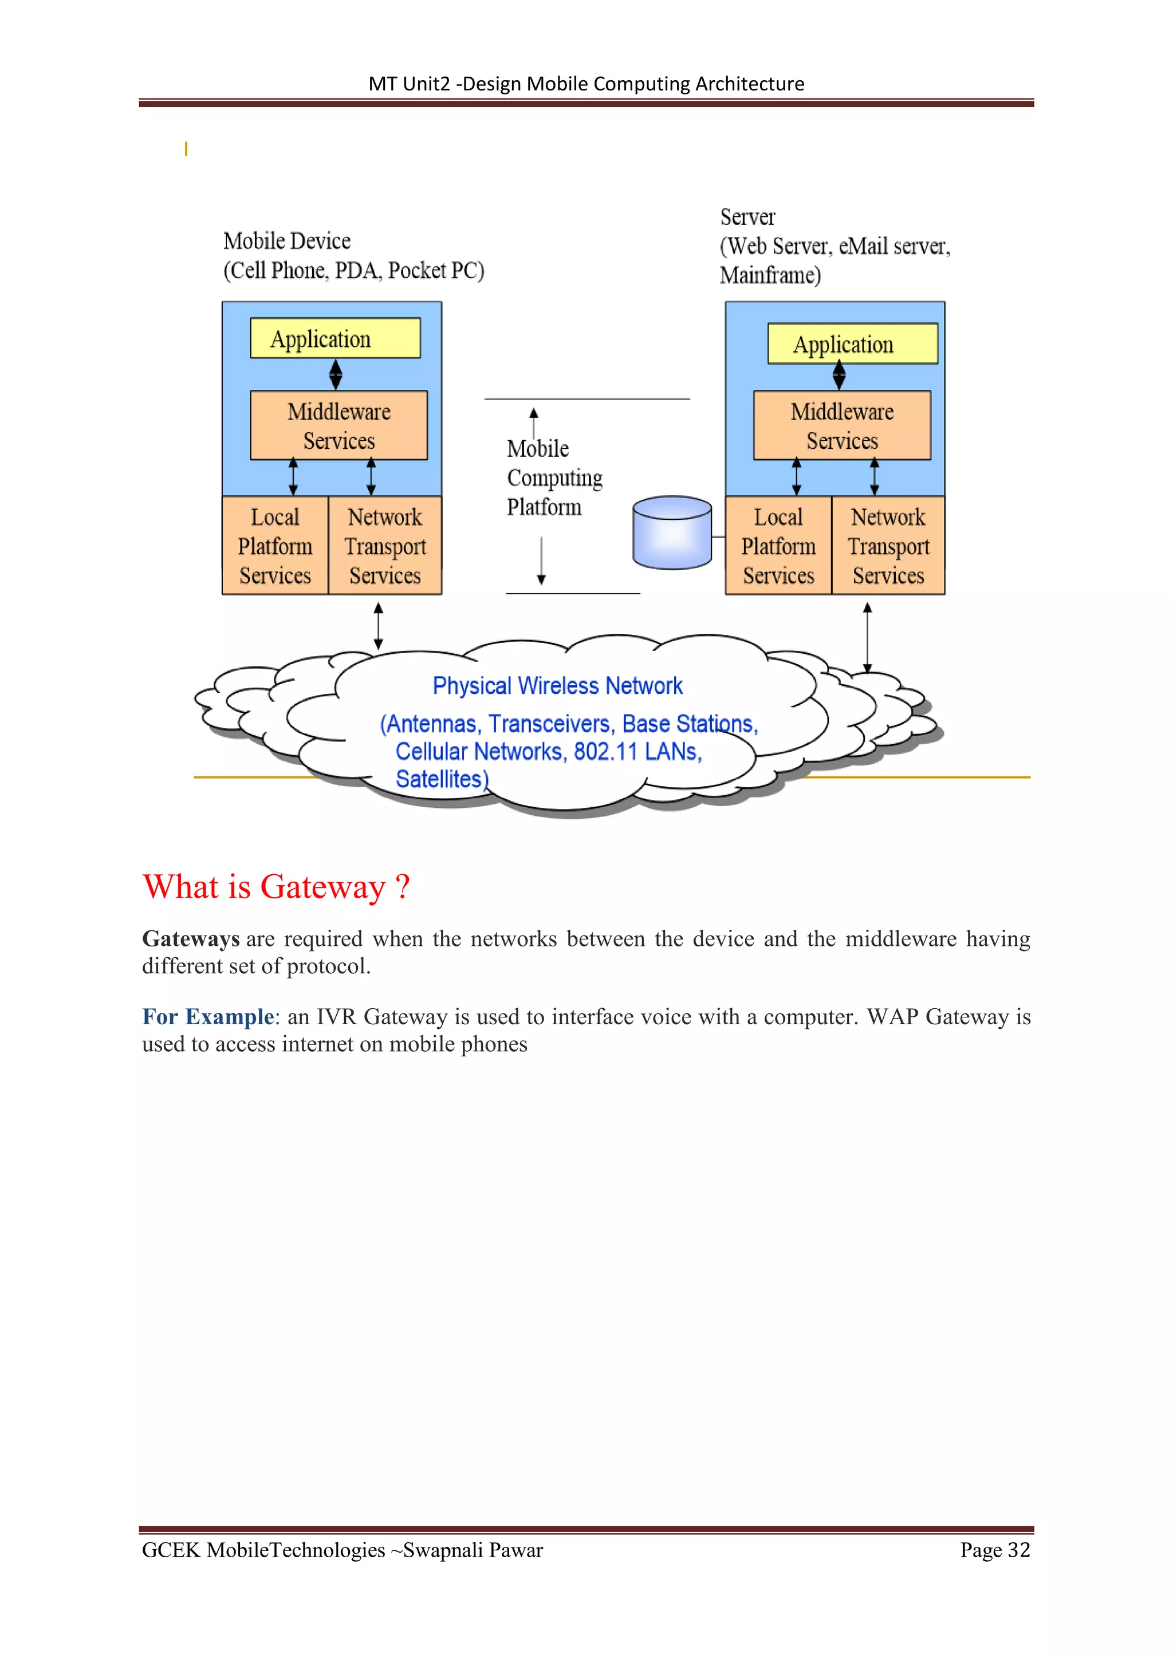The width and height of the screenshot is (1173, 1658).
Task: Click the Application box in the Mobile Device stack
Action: pos(335,338)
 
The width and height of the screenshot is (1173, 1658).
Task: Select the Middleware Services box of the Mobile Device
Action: pos(338,425)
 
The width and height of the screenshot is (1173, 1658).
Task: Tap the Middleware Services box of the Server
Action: pos(841,425)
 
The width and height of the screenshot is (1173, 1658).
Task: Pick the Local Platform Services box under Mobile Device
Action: pos(275,546)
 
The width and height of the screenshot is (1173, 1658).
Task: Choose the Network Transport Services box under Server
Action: pos(888,546)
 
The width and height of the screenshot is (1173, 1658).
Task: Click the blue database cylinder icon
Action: pos(672,533)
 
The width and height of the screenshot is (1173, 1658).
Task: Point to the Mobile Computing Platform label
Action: pos(553,478)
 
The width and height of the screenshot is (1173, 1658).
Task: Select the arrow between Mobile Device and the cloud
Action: pos(378,626)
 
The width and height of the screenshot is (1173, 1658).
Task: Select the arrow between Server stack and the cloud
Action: pos(868,637)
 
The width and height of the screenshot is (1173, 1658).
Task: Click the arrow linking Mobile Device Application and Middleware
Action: pos(336,374)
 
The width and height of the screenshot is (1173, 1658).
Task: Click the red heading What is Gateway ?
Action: pos(276,887)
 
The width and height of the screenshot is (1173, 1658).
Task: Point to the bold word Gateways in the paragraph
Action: pos(191,939)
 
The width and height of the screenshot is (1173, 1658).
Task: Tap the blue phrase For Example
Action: pos(208,1017)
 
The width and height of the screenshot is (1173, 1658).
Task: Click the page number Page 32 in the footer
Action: pos(995,1550)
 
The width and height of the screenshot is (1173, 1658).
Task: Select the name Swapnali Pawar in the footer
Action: pos(473,1550)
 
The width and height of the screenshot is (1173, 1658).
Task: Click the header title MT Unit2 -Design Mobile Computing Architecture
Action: pos(586,84)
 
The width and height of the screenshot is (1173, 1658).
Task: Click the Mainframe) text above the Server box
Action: pos(770,275)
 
